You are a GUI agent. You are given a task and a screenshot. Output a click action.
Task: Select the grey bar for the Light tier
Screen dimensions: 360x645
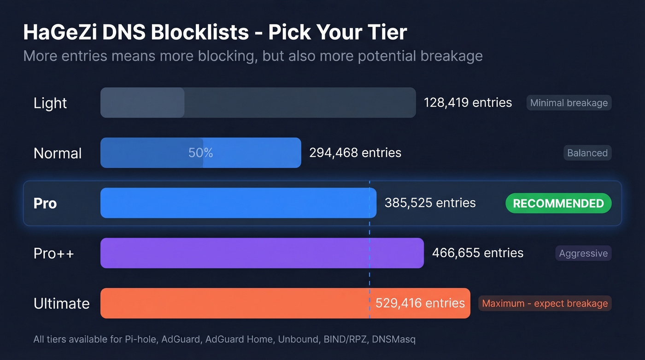click(258, 102)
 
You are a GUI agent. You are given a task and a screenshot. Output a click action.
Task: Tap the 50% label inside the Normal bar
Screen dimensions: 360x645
click(200, 153)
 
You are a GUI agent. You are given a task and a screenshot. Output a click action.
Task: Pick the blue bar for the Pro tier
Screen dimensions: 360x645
click(238, 203)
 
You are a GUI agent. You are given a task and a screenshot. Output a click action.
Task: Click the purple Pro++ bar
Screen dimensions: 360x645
click(262, 253)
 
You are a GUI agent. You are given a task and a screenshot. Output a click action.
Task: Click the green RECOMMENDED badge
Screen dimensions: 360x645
click(558, 203)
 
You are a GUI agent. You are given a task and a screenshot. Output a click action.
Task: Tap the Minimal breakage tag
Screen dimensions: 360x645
click(569, 103)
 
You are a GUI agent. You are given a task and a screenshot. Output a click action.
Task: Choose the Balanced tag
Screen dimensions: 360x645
click(587, 153)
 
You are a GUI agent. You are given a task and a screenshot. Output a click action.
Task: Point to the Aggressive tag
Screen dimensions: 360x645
click(583, 253)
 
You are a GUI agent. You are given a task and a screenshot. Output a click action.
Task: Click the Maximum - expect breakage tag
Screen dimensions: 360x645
click(545, 303)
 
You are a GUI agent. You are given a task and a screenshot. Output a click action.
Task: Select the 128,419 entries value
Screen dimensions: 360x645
click(468, 102)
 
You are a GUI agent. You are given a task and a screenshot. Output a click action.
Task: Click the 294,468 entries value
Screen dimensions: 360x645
click(355, 153)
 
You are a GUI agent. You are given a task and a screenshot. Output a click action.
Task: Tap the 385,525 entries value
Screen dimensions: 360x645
click(430, 203)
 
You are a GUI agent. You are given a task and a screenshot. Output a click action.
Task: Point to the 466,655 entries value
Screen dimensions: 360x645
click(478, 253)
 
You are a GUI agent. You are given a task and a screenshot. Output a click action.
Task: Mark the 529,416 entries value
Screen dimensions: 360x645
click(420, 303)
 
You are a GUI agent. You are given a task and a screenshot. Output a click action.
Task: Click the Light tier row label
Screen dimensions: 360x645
click(50, 103)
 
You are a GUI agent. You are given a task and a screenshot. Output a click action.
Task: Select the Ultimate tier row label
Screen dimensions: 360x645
click(61, 303)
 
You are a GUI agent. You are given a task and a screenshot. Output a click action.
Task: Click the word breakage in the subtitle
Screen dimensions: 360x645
click(451, 56)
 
